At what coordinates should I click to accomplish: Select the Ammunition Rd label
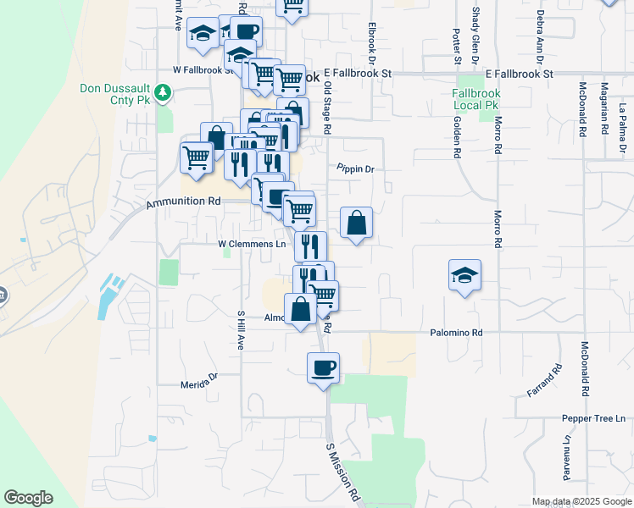pyautogui.click(x=183, y=202)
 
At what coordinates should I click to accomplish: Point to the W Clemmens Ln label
pyautogui.click(x=252, y=244)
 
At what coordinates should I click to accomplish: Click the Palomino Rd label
pyautogui.click(x=455, y=333)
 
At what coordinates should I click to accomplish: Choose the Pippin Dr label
pyautogui.click(x=355, y=169)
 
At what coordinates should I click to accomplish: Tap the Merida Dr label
pyautogui.click(x=199, y=384)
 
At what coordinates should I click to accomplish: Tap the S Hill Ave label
pyautogui.click(x=241, y=330)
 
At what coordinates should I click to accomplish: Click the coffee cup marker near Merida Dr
pyautogui.click(x=323, y=368)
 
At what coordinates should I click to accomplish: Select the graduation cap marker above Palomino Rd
pyautogui.click(x=464, y=275)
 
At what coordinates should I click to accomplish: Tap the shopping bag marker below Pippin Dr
pyautogui.click(x=357, y=224)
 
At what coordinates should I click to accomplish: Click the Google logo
pyautogui.click(x=29, y=498)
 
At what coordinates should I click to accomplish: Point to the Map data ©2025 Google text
pyautogui.click(x=581, y=501)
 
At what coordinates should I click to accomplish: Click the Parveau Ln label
pyautogui.click(x=567, y=455)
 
